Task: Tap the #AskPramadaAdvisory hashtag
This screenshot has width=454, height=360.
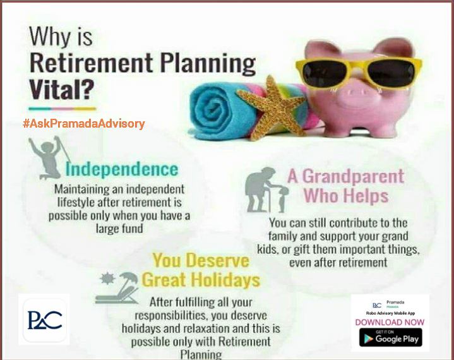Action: pos(84,124)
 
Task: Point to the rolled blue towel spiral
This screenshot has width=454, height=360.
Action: pos(213,112)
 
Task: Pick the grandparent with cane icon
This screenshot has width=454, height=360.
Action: pos(266,189)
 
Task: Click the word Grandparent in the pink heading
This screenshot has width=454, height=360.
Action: pos(353,176)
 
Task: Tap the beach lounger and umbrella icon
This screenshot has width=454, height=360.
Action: pos(117,288)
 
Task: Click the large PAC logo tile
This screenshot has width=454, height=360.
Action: pos(45,320)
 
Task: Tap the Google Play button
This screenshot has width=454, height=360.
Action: pos(391,337)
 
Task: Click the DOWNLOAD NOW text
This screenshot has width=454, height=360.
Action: pos(390,322)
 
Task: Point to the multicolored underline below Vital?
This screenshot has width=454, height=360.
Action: pos(63,109)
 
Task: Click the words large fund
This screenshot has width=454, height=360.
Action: pos(119,229)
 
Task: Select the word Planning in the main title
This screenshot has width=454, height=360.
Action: pos(208,64)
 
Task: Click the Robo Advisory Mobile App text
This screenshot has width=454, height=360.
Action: pos(390,313)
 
